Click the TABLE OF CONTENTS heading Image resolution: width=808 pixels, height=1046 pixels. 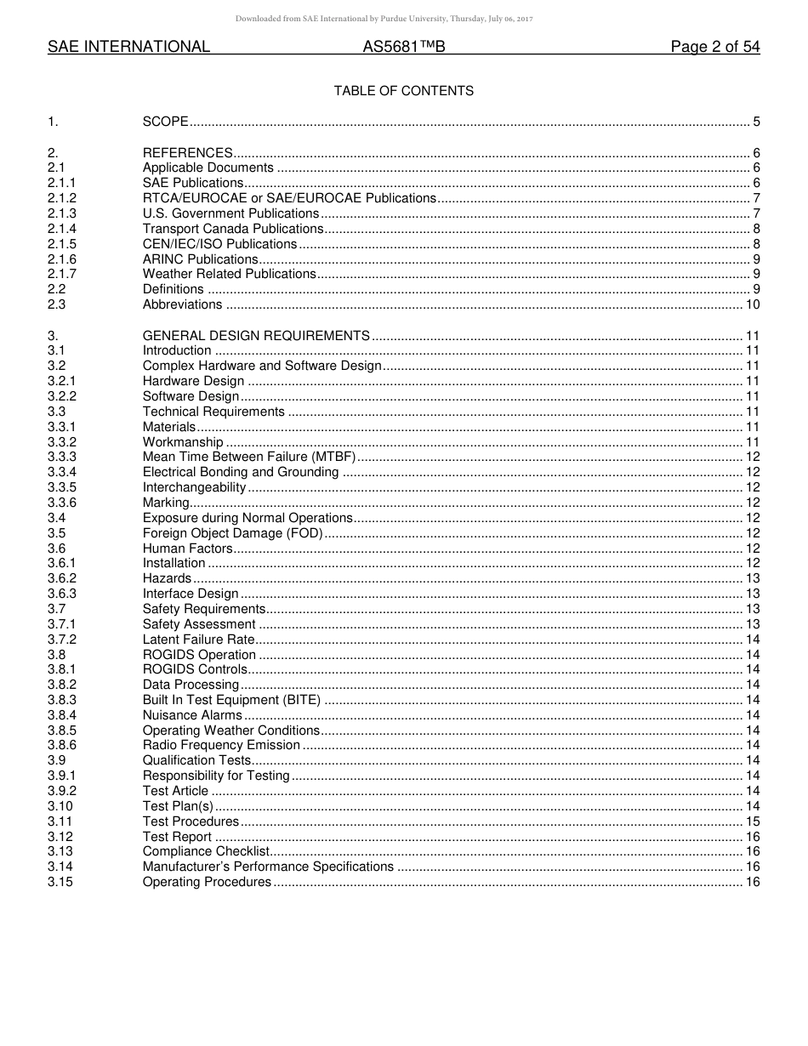[403, 91]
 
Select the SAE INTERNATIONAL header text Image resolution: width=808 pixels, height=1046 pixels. [128, 48]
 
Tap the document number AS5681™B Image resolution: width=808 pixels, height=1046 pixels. [403, 48]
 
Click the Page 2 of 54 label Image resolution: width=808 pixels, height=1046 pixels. [714, 48]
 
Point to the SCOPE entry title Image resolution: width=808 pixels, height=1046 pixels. [165, 122]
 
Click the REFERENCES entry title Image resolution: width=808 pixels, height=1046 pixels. [187, 153]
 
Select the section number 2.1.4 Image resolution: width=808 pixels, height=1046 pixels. [62, 229]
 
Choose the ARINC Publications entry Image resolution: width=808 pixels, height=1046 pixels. [200, 259]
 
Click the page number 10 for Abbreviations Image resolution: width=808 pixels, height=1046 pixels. [752, 304]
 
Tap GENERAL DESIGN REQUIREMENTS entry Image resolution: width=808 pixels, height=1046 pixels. [256, 336]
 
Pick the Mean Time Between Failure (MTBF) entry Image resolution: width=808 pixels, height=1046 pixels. [249, 457]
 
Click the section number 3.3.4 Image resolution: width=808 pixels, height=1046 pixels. [62, 472]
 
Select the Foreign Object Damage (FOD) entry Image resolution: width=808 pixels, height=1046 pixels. [232, 533]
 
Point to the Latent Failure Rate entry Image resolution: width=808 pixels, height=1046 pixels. [198, 640]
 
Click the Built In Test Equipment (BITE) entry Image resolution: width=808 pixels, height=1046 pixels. [231, 700]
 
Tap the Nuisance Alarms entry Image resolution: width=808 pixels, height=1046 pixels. [192, 715]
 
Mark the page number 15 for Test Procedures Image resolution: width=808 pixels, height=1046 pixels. [752, 821]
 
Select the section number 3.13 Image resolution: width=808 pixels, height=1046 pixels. [60, 851]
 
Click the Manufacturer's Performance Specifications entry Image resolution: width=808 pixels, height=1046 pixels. [268, 867]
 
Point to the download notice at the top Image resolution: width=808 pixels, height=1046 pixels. [403, 19]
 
